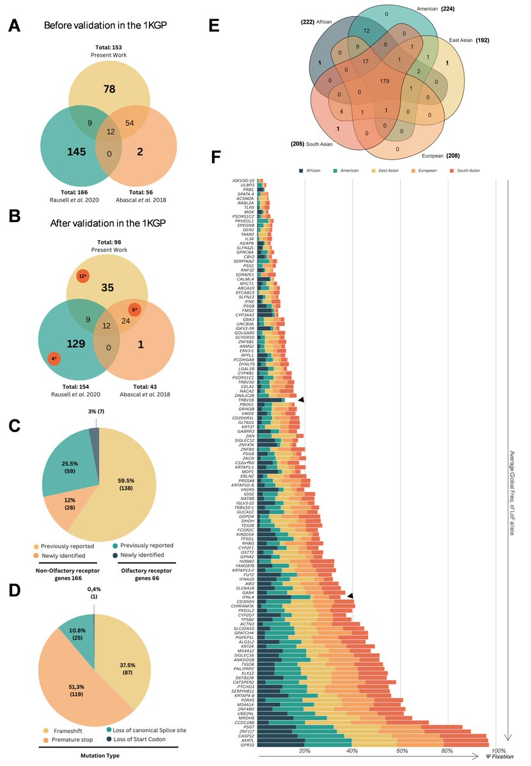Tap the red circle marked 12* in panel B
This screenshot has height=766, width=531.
[x=82, y=259]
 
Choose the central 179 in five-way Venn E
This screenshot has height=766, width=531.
[x=384, y=81]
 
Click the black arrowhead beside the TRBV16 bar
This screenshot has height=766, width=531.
[x=301, y=400]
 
